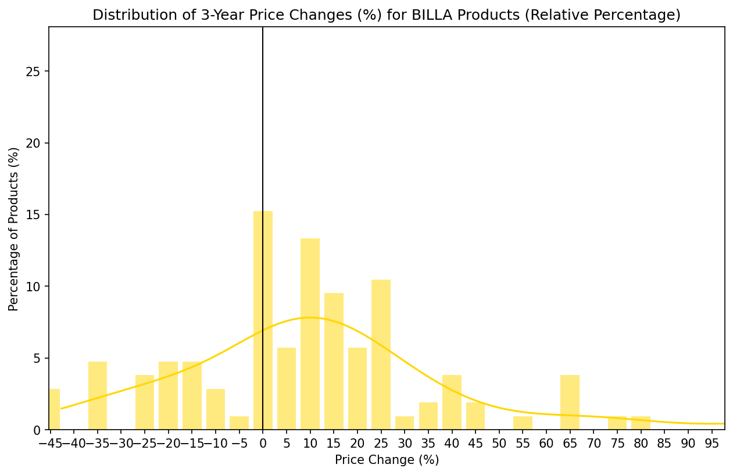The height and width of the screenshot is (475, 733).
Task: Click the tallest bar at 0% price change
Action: pos(263,320)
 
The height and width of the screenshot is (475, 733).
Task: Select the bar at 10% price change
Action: pos(310,334)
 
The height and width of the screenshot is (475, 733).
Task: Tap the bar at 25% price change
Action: pos(381,355)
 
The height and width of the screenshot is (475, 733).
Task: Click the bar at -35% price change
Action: pos(98,395)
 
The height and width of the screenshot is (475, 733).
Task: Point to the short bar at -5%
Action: pos(239,423)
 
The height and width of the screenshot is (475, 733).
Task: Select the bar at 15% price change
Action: pos(334,360)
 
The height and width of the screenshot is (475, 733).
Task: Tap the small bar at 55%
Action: pos(523,423)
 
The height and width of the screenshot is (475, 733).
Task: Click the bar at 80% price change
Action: pos(641,423)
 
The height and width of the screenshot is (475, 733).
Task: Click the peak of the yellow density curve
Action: pos(310,317)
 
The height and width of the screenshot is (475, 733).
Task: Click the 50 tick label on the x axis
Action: pos(499,444)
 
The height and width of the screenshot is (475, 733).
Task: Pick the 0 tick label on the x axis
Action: pos(263,444)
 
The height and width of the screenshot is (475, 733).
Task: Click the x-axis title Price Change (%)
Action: pos(387,460)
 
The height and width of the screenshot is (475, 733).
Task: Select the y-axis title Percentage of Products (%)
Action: pos(14,228)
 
